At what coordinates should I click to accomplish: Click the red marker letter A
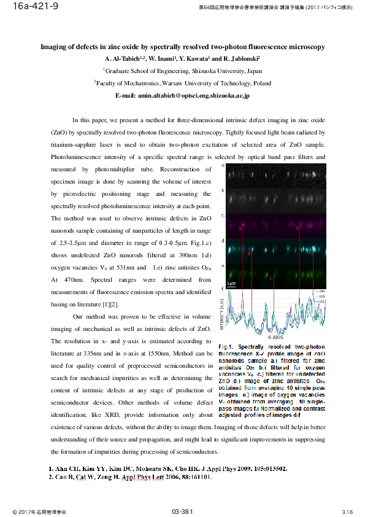click(x=240, y=228)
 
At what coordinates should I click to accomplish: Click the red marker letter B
click(x=249, y=252)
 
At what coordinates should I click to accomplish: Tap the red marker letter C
click(x=271, y=278)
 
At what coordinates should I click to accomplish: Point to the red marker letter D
click(x=298, y=228)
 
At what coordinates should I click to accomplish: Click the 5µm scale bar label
click(x=231, y=283)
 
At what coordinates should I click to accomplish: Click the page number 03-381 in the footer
click(x=182, y=511)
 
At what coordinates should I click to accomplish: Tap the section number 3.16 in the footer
click(x=347, y=511)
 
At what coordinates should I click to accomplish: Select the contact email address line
click(x=182, y=96)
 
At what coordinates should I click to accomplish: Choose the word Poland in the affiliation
click(x=262, y=83)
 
